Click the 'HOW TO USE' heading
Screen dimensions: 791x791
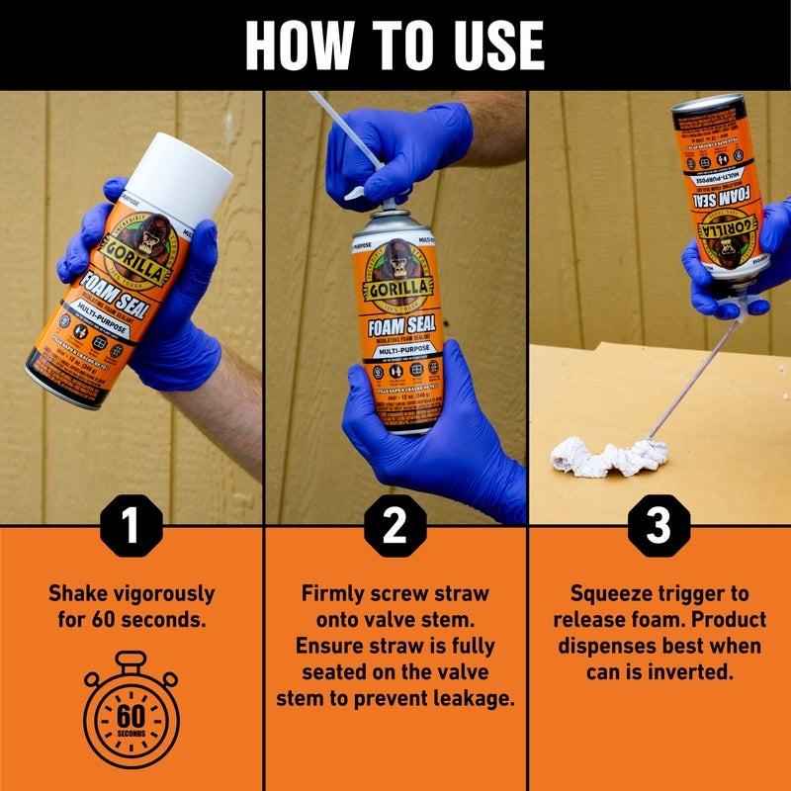coord(395,44)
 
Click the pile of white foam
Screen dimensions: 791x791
coord(608,457)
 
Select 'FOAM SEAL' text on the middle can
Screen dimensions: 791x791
coord(394,323)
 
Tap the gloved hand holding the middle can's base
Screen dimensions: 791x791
coord(435,415)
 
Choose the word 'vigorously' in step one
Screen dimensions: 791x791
coord(162,594)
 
